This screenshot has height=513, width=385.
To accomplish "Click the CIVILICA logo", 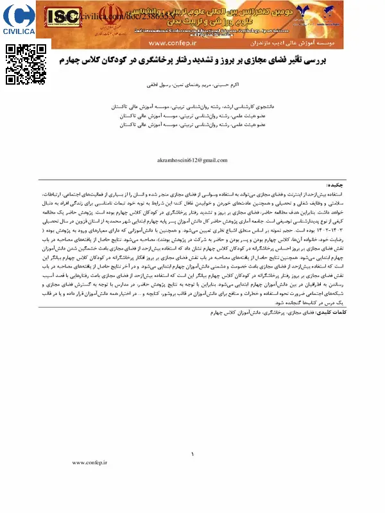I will click(x=19, y=19).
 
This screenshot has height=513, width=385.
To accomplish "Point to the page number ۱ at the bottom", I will click(x=193, y=455).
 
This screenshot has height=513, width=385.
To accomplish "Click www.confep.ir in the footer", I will click(x=89, y=462).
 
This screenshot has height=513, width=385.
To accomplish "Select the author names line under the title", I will click(x=193, y=84).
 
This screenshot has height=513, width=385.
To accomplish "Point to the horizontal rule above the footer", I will click(x=193, y=447).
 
